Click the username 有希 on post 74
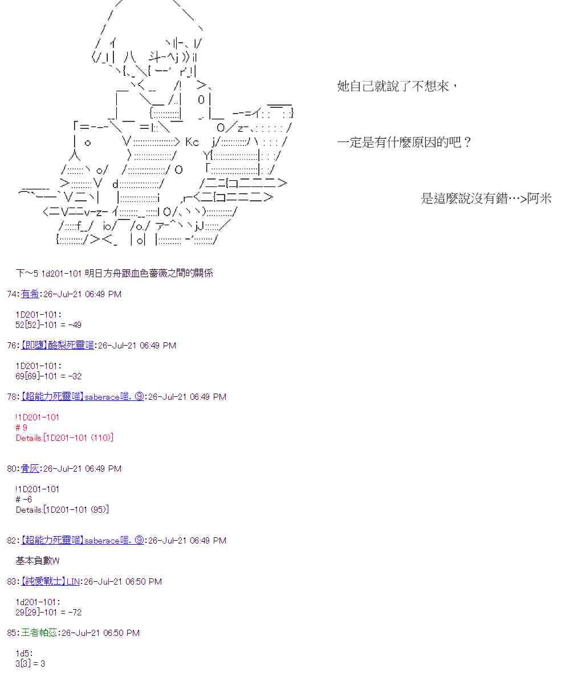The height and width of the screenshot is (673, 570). click(30, 294)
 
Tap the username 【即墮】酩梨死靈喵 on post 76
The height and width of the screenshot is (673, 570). click(58, 346)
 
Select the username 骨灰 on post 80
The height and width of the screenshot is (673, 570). click(30, 469)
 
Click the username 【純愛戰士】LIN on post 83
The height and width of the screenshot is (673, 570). click(51, 582)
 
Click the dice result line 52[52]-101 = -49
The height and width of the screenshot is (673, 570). click(48, 325)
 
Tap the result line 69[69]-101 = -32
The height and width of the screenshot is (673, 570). click(48, 376)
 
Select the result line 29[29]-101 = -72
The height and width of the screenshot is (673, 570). click(48, 613)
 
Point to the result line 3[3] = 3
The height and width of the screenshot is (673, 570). click(30, 664)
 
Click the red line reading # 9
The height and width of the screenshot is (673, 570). click(22, 428)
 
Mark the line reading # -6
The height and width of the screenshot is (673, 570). click(24, 500)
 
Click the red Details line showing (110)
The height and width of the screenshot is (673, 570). click(64, 438)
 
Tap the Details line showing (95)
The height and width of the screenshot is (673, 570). click(62, 510)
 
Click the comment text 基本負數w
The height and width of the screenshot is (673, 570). click(38, 561)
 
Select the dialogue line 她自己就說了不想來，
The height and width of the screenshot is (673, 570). click(398, 87)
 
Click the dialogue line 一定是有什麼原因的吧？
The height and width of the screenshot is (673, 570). click(404, 142)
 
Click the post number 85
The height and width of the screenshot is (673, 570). click(12, 633)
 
